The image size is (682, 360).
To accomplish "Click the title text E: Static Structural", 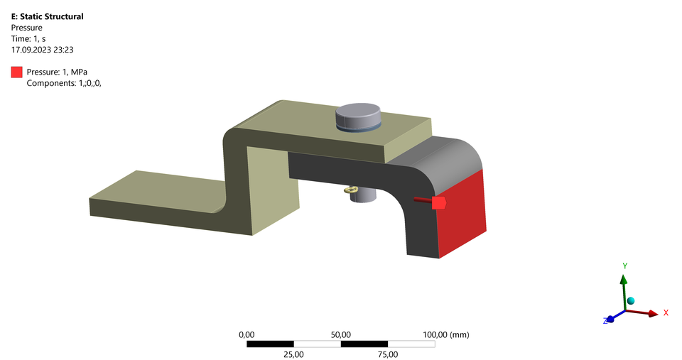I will [46, 16].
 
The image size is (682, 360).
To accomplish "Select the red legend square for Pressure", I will [16, 72].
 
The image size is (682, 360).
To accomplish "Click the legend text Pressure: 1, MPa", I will [61, 72].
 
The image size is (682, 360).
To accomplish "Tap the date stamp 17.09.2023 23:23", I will [43, 50].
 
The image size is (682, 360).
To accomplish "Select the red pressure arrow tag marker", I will [438, 203].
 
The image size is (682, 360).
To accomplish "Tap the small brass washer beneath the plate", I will [350, 190].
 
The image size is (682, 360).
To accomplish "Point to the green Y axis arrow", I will [624, 288].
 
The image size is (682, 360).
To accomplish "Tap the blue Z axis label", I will [605, 321].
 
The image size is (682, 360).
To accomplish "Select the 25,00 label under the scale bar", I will [293, 354].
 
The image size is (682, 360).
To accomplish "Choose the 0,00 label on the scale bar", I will [247, 334].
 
